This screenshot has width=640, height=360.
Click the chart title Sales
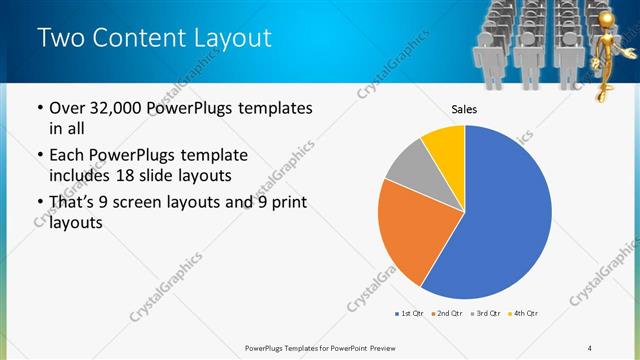(464, 109)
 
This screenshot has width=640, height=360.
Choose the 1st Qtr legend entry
(409, 314)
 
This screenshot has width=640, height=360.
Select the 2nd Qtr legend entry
(446, 314)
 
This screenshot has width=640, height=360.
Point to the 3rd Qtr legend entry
(484, 314)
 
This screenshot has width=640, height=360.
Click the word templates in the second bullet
(211, 156)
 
